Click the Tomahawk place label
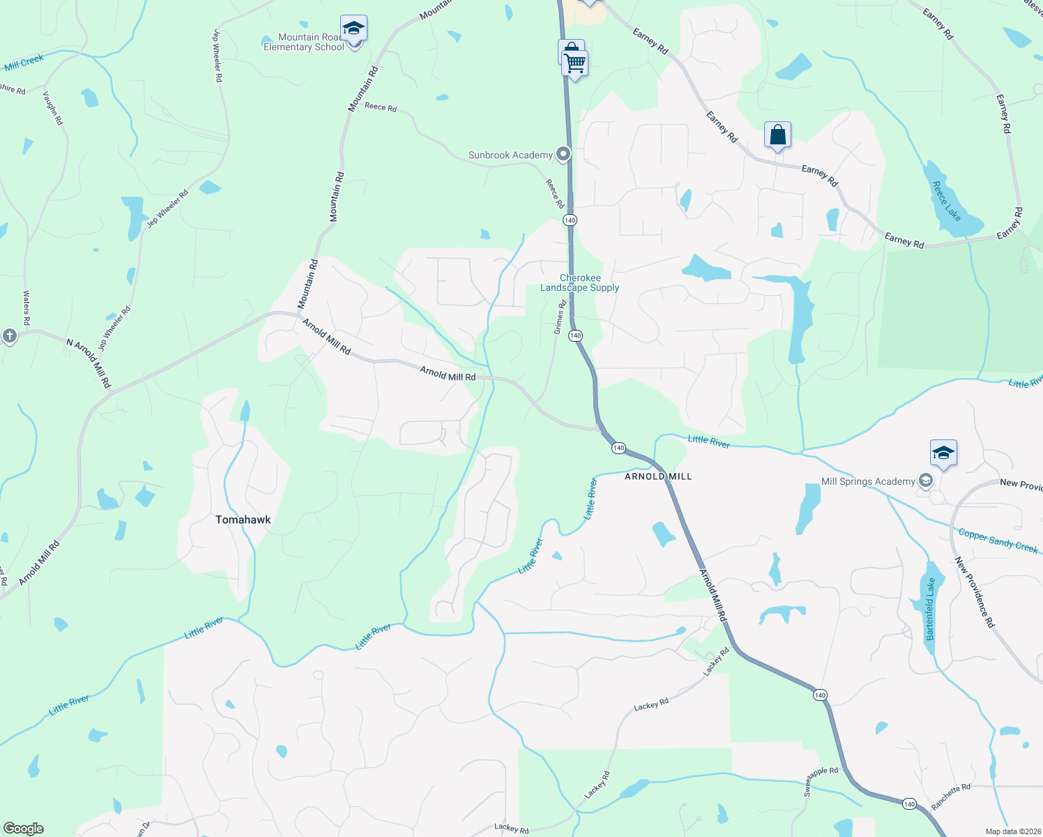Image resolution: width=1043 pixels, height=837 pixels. pos(243,520)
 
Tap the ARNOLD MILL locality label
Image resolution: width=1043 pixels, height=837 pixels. pos(658,476)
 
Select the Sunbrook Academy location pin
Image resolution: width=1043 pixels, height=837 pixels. pos(563,154)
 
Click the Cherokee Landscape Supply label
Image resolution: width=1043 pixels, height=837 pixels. pos(579,282)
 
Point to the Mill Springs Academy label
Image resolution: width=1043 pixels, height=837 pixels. pos(868,481)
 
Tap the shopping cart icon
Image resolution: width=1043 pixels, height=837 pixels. pos(575,63)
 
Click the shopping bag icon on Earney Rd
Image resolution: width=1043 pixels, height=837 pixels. pos(777,135)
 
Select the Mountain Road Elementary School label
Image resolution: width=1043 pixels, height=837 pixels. pos(304,43)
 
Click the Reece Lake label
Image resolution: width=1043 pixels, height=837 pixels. pos(946,202)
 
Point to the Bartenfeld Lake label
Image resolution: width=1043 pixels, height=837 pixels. pos(929,609)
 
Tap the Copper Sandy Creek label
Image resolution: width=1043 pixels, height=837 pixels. pos(998,541)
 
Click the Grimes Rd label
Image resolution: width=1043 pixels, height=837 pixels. pos(560,317)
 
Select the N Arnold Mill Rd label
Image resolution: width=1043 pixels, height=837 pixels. pos(89,363)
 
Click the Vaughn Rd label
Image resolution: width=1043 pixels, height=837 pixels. pos(53,108)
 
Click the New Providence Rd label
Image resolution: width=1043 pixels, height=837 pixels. pos(975,591)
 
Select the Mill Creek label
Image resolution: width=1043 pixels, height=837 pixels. pos(24,63)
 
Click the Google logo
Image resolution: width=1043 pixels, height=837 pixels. pos(24,829)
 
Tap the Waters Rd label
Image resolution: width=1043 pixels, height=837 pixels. pos(26,308)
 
